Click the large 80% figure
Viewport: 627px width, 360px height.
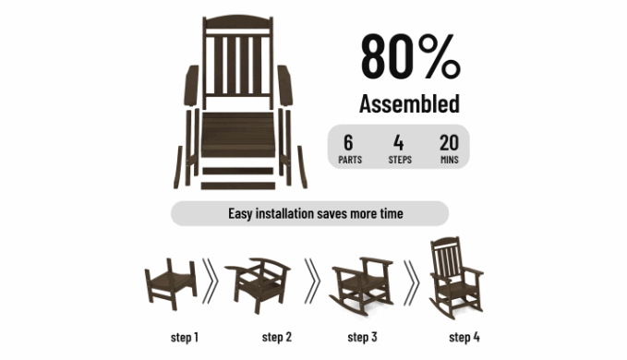pos(411,56)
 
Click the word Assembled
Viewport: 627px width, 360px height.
pos(409,104)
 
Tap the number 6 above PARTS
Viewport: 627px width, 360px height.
pos(348,143)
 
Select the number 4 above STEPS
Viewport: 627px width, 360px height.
pos(398,143)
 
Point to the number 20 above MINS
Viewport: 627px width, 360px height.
pos(449,143)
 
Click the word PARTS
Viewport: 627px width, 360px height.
pos(350,160)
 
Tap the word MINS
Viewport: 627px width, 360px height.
pos(450,160)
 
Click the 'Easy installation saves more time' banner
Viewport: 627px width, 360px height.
pos(310,213)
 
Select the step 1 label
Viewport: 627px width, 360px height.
pos(185,337)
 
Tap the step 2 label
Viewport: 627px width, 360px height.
pos(277,337)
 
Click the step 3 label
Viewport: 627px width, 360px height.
pos(362,337)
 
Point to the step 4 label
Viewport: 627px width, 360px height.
pos(464,337)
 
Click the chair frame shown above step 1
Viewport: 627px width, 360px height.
pos(171,284)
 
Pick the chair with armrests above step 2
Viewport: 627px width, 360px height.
pos(258,284)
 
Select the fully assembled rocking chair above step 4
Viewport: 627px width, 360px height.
pos(456,278)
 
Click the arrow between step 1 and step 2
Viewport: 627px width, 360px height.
pos(211,281)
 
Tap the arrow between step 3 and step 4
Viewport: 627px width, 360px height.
pos(412,282)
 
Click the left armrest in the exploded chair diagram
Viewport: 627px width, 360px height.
pos(191,86)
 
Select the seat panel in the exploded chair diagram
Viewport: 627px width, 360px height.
pos(238,134)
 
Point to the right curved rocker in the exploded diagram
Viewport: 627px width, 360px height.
pos(302,167)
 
